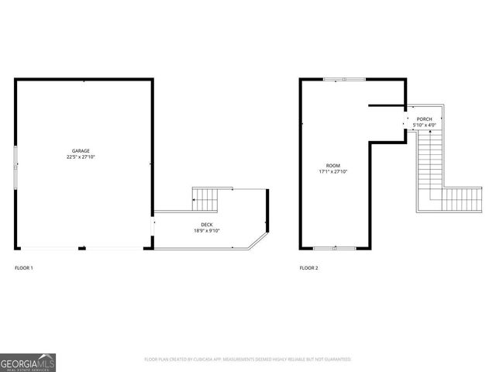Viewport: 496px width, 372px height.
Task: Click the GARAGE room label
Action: click(81, 150)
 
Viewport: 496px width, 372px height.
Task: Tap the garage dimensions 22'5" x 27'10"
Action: click(81, 157)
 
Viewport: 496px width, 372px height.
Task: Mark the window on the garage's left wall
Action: click(15, 164)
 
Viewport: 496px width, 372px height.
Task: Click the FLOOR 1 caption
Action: click(24, 268)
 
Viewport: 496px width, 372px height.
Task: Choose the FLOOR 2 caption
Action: click(308, 268)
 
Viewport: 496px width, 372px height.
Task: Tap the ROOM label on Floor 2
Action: click(332, 165)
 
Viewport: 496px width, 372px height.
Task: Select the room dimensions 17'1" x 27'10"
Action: click(332, 171)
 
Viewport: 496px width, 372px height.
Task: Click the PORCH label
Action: click(424, 119)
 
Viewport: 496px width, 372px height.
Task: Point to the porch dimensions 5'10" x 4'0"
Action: click(425, 125)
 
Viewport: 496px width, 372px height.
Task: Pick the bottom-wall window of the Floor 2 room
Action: click(335, 248)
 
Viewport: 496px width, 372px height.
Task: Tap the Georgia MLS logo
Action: click(29, 362)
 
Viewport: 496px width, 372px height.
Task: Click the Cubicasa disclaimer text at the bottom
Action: click(248, 360)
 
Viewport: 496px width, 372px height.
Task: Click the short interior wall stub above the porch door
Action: click(387, 105)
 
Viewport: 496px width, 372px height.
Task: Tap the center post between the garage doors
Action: click(83, 249)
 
